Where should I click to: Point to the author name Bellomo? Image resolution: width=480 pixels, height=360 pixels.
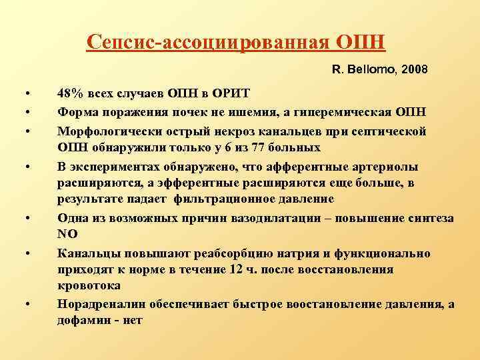pyautogui.click(x=371, y=69)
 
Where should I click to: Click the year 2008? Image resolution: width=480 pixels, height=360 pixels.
pyautogui.click(x=414, y=69)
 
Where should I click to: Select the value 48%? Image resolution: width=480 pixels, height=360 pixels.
pyautogui.click(x=70, y=93)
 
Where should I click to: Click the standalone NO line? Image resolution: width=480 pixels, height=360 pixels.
pyautogui.click(x=67, y=235)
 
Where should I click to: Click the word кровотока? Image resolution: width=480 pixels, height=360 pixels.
pyautogui.click(x=89, y=285)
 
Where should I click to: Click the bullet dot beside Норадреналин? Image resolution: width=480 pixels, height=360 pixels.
pyautogui.click(x=27, y=305)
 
